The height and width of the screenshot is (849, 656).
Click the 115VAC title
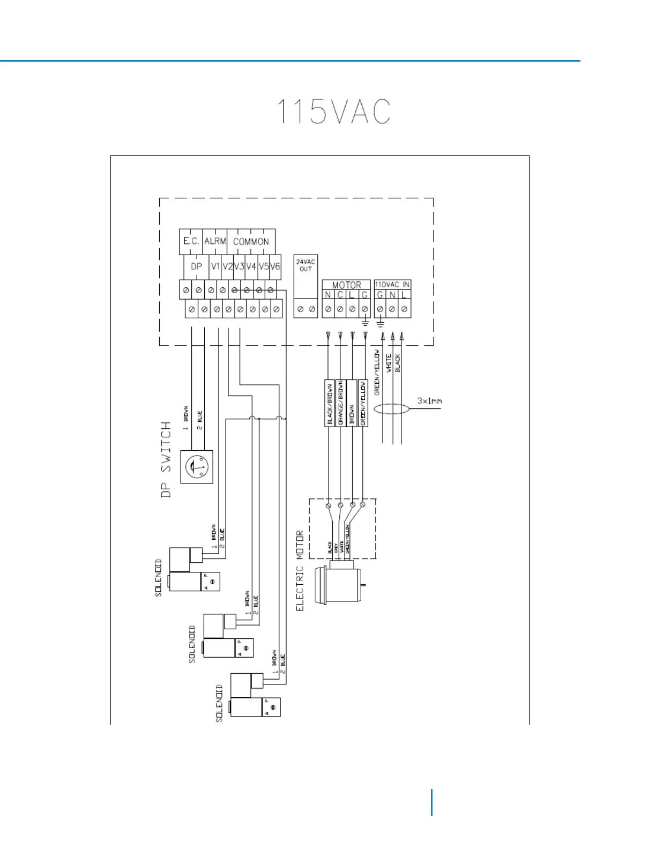(x=333, y=111)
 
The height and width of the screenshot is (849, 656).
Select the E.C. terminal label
(x=191, y=241)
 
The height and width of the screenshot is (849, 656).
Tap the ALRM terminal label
(x=215, y=241)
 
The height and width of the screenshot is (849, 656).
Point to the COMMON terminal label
(x=251, y=242)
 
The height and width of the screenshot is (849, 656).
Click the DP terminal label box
(x=196, y=266)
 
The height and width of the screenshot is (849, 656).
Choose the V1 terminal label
(x=215, y=266)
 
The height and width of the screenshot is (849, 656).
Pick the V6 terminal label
(x=275, y=266)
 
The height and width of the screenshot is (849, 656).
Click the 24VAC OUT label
(x=305, y=265)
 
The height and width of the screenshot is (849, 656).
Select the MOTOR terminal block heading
(x=346, y=285)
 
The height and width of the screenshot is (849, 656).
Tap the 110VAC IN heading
(x=392, y=285)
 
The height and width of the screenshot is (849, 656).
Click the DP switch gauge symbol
(x=197, y=467)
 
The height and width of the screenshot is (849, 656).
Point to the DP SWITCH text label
(x=166, y=459)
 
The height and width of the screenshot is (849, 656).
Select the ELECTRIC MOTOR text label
(x=300, y=570)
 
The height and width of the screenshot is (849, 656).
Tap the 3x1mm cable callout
(x=429, y=401)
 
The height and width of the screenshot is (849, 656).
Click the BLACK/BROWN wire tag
(x=330, y=403)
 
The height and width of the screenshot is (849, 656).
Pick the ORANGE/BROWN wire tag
(x=340, y=403)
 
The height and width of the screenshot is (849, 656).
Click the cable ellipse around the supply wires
(x=392, y=409)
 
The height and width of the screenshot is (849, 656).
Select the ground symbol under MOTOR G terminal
(x=365, y=323)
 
